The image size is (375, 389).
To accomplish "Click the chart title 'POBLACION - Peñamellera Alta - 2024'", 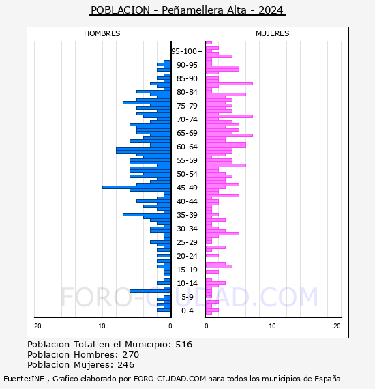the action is point(187,10).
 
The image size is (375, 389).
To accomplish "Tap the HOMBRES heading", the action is point(102,33).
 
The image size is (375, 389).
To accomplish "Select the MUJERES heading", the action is point(273,33).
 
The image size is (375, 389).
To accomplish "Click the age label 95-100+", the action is point(187,51).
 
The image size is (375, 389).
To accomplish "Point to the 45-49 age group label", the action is point(187,188).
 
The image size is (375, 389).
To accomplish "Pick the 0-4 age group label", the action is point(187,311).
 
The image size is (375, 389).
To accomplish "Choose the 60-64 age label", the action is point(187,147).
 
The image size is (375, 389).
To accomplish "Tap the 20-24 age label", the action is point(187,256).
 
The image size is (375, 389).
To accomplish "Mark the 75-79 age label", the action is point(187,106).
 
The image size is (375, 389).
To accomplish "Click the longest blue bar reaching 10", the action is point(136,187).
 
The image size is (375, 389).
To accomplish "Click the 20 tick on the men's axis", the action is point(37,326).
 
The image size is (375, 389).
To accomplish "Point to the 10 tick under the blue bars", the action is point(102,326).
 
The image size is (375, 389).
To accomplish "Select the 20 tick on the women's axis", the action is point(337,326).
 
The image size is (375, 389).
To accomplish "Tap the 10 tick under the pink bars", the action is point(273,326).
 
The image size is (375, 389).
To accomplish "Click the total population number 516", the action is point(183,345).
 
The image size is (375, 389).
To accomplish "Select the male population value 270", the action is point(131,354).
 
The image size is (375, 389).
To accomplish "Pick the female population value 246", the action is point(126,364).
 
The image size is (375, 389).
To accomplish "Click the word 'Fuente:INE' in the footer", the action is point(24,379).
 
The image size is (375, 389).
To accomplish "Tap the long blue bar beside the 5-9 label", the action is point(150,291).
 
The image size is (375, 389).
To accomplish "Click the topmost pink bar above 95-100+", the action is point(209,43).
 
